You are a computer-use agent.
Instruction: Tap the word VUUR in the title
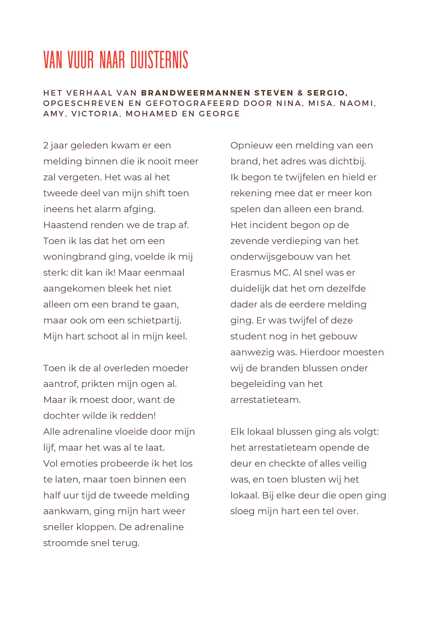point(80,60)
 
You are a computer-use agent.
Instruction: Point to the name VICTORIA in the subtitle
point(95,114)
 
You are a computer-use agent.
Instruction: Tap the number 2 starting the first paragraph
point(46,146)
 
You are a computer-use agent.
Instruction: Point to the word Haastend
point(65,225)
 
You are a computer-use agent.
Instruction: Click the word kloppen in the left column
point(96,527)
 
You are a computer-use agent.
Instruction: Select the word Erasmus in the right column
point(250,273)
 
